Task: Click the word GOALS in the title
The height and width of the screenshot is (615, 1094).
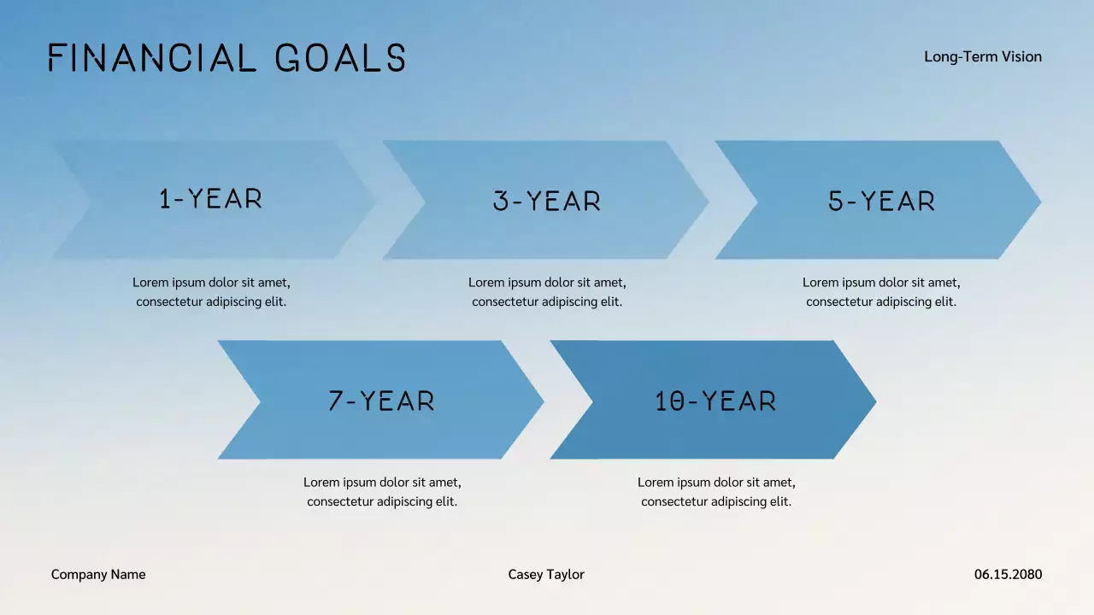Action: click(340, 58)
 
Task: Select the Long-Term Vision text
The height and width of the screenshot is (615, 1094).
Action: click(983, 56)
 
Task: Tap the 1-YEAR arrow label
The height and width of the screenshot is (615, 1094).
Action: click(210, 199)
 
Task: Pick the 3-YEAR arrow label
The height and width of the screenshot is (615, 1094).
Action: click(547, 202)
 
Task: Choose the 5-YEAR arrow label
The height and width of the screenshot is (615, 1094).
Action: click(881, 202)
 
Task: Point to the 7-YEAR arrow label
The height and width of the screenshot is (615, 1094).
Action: click(381, 401)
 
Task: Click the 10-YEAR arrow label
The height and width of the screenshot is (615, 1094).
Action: click(715, 401)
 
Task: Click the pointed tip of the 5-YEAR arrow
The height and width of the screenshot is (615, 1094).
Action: click(1038, 202)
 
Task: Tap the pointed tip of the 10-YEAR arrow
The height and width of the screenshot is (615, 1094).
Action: click(873, 401)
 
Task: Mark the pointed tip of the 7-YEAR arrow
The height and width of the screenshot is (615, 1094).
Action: click(541, 401)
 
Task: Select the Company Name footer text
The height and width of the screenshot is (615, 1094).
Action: click(98, 574)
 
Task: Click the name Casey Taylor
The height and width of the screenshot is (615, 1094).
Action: click(546, 574)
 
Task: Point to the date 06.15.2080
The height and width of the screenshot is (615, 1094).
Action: click(1008, 574)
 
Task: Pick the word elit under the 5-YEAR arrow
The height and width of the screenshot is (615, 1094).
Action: click(944, 302)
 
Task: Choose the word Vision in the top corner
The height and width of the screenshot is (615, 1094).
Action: click(1022, 56)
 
